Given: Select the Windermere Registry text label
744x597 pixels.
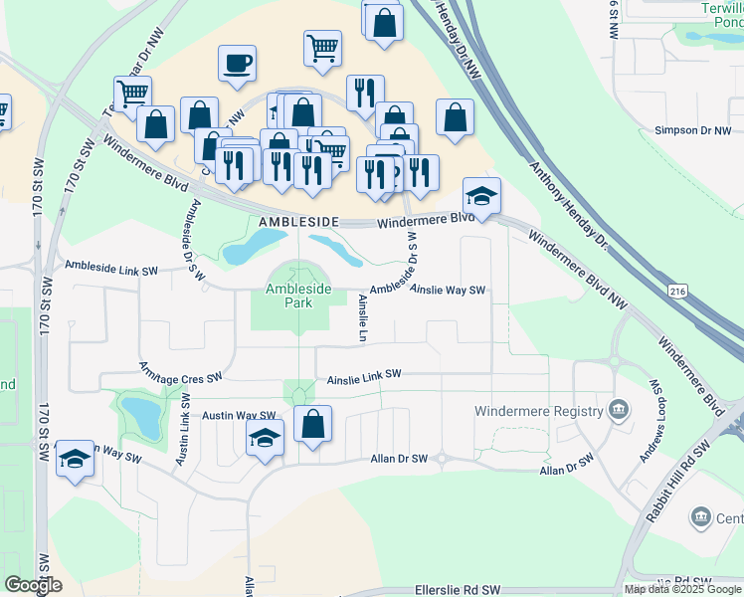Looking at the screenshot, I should click(x=539, y=410).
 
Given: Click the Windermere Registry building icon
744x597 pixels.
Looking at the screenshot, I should click(x=618, y=410).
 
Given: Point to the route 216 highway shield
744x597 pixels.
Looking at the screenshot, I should click(x=678, y=290).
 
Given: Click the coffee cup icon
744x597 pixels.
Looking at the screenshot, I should click(x=238, y=64).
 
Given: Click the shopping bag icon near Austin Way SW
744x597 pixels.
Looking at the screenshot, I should click(x=313, y=425).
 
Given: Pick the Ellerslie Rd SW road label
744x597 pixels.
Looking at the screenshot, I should click(x=460, y=590).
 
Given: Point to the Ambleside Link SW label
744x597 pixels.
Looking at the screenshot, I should click(x=111, y=268).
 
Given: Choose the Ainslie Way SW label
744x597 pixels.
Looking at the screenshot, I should click(x=447, y=291).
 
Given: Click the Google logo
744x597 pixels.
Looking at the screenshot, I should click(x=32, y=585).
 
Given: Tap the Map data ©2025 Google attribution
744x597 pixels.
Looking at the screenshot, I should click(x=682, y=589).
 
